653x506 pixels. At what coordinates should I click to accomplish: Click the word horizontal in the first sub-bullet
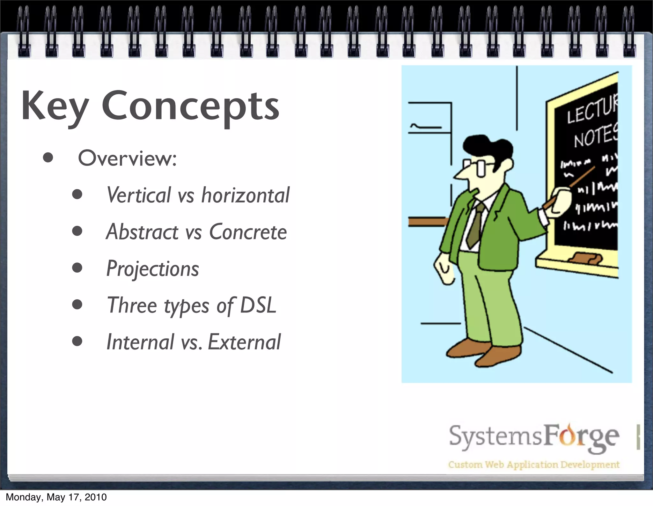[x=245, y=195]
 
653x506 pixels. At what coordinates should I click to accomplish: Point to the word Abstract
[x=142, y=232]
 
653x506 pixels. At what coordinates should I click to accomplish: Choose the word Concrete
[x=248, y=232]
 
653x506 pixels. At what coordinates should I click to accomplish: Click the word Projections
[x=152, y=269]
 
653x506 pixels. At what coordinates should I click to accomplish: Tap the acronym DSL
[x=258, y=305]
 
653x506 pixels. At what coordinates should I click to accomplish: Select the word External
[x=244, y=342]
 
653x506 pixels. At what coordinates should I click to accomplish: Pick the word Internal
[x=140, y=342]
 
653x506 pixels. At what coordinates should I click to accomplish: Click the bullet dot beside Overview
[x=48, y=158]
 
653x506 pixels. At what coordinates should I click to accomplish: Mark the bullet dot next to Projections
[x=77, y=268]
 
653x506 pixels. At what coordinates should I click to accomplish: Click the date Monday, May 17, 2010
[x=56, y=497]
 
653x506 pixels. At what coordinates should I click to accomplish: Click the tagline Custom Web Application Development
[x=533, y=465]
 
